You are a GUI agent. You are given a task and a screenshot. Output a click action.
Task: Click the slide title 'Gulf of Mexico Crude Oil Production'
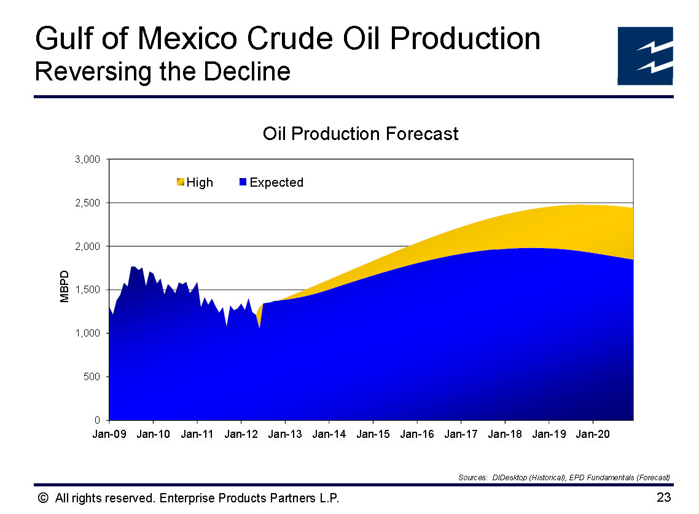click(x=287, y=39)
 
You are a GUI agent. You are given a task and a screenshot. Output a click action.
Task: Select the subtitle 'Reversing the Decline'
click(x=162, y=72)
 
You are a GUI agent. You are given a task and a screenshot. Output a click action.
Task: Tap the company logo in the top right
click(x=645, y=56)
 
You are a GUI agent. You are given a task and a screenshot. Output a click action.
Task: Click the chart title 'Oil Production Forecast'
click(x=360, y=134)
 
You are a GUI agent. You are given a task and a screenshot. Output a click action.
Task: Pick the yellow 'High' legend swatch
click(x=180, y=182)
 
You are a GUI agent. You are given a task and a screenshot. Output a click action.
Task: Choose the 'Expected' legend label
click(x=276, y=182)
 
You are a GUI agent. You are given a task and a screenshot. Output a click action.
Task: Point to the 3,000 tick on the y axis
click(x=87, y=160)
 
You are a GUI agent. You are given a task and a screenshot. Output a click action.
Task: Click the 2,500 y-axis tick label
click(x=87, y=203)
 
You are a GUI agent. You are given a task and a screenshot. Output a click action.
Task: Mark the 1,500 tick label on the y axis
click(x=87, y=290)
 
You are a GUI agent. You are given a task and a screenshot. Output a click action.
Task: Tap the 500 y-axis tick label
click(x=92, y=376)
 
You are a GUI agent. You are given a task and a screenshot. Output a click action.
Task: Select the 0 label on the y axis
click(x=97, y=420)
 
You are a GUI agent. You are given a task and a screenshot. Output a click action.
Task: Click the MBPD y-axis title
click(x=64, y=286)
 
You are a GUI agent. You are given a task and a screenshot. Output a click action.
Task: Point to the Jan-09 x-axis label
click(x=109, y=434)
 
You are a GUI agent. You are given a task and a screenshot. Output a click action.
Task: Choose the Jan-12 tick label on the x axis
click(x=241, y=434)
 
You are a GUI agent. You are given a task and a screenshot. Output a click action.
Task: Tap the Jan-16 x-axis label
click(x=417, y=434)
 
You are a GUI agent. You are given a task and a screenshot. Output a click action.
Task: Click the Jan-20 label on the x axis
click(x=593, y=434)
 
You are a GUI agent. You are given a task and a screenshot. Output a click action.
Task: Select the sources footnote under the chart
click(x=563, y=477)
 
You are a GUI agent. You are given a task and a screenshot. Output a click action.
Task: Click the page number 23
click(x=663, y=497)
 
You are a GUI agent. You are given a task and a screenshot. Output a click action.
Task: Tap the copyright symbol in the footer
click(x=42, y=498)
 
